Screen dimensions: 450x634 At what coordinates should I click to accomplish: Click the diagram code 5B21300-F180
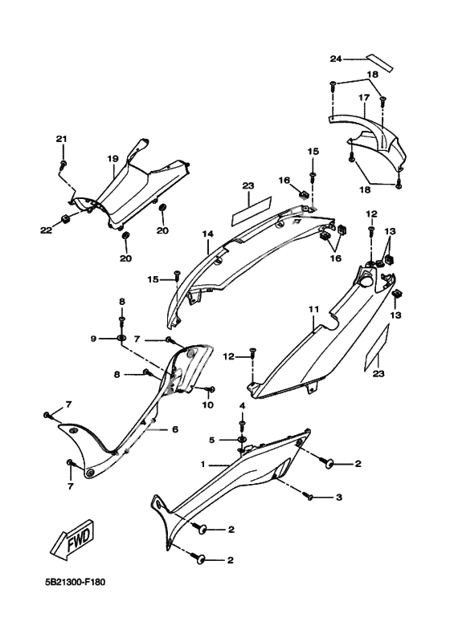coord(75,583)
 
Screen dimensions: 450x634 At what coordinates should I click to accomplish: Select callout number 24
coord(336,59)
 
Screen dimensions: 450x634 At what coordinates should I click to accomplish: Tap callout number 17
coord(364,98)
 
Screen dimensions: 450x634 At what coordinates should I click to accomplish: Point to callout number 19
coord(112,159)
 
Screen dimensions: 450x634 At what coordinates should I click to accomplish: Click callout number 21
coord(61,139)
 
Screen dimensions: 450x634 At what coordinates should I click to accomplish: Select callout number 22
coord(46,230)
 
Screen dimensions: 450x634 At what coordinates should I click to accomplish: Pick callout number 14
coord(208,234)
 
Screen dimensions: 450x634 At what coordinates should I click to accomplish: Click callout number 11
coord(314,309)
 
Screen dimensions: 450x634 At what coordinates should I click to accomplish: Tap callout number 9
coord(93,339)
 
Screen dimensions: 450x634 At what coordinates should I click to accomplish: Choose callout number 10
coord(208,404)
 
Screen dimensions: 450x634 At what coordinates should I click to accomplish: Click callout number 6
coord(175,429)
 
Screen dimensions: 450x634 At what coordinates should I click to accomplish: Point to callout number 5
coord(211,440)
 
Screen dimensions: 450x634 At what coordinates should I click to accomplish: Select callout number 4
coord(242,405)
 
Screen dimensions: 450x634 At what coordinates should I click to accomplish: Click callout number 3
coord(338,497)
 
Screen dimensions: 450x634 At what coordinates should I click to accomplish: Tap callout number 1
coord(203,465)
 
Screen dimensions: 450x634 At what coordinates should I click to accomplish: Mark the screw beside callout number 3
coord(311,497)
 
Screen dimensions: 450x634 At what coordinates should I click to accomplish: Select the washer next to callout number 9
coord(121,338)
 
